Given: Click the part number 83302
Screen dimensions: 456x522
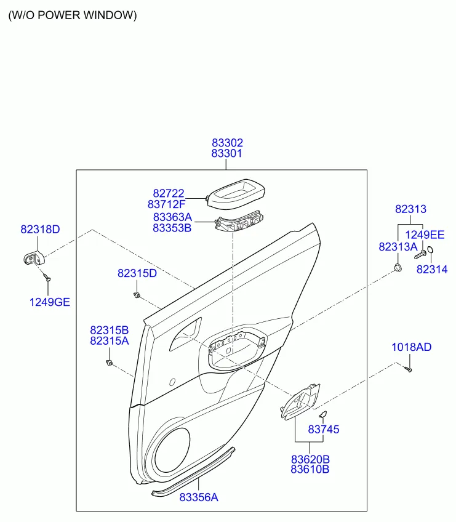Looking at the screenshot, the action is (227, 143).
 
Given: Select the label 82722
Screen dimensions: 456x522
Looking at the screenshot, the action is (169, 193).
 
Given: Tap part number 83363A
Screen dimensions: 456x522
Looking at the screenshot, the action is (172, 217).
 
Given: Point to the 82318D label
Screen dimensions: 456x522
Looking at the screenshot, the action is (40, 230).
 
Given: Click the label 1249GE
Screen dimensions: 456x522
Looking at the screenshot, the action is (50, 302).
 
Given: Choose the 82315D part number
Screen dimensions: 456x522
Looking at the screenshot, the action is (137, 273).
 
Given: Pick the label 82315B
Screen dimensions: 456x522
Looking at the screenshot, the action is (109, 330).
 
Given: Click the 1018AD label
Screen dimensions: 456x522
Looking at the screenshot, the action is (412, 347).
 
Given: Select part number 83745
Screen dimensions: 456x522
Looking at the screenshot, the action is (324, 430).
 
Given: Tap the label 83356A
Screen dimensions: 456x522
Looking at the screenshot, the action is (199, 497).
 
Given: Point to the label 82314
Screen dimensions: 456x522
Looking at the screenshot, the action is (432, 270).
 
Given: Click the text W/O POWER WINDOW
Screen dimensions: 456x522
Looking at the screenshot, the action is (73, 15).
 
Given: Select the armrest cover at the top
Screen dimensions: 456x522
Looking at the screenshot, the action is (236, 194).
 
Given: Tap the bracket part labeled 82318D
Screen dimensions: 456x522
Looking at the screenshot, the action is (34, 258).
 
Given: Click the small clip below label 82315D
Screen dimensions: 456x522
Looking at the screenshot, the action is (137, 295).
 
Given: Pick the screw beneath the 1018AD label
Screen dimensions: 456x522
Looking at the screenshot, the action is (409, 369).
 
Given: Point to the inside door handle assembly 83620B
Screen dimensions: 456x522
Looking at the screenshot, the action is (300, 401).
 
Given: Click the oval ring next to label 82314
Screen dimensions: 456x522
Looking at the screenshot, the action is (430, 250).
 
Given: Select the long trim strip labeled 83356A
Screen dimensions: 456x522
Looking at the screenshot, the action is (193, 472).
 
